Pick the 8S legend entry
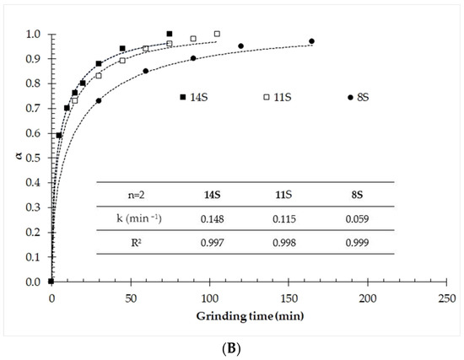[361, 97]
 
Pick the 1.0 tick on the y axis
[35, 35]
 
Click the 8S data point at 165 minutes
[312, 41]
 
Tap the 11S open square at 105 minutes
[217, 34]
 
